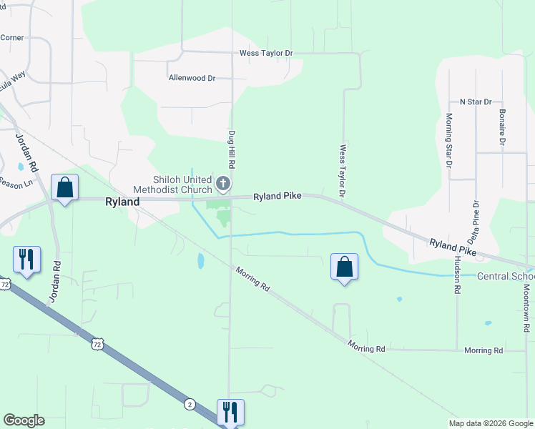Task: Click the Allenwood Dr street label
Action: coord(192,78)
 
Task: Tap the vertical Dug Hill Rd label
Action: coord(232,149)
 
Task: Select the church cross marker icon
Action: coord(223,184)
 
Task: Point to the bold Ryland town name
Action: coord(122,202)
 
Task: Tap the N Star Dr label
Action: coord(476,102)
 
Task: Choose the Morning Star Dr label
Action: coord(449,140)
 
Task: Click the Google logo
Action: coord(24,420)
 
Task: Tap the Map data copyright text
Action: coord(490,423)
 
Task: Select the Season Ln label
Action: coord(16,182)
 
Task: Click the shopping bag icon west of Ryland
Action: coord(65,189)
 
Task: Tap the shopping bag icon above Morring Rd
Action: coord(344,267)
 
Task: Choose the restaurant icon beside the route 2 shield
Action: coord(230,412)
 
